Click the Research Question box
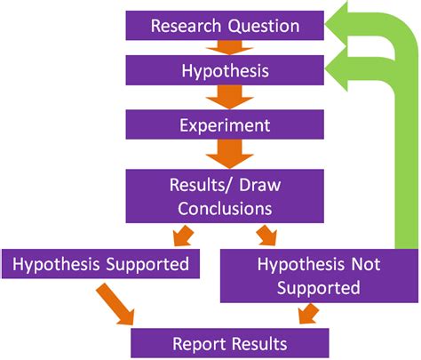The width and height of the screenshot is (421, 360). pyautogui.click(x=225, y=25)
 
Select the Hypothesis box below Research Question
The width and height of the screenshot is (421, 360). pyautogui.click(x=225, y=69)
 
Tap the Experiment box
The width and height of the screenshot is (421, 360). pyautogui.click(x=225, y=125)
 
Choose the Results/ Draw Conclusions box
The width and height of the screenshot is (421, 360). pyautogui.click(x=225, y=196)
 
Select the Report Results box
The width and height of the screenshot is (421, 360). pyautogui.click(x=230, y=342)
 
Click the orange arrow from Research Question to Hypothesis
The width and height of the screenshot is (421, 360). pyautogui.click(x=225, y=47)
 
